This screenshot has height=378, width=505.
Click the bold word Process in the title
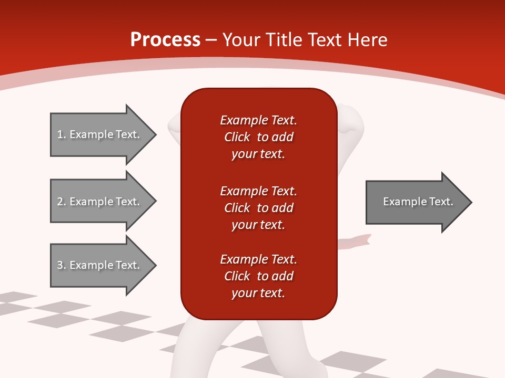click(165, 40)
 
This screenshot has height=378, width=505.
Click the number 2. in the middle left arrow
click(62, 202)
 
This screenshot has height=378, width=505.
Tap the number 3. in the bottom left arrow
click(62, 265)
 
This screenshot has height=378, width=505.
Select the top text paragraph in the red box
click(258, 137)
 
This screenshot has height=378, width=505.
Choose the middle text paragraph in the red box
click(258, 208)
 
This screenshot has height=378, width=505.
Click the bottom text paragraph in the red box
click(258, 276)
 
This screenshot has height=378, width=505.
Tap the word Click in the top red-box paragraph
click(237, 137)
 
